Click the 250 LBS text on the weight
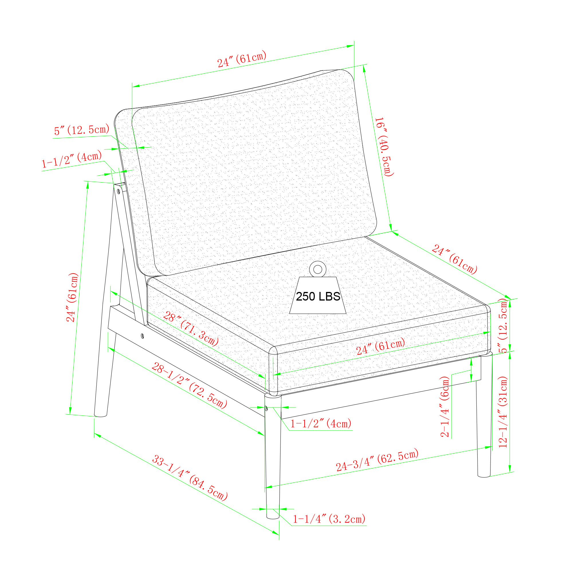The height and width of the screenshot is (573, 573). coord(318,297)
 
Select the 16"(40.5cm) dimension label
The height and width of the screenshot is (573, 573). coord(384,147)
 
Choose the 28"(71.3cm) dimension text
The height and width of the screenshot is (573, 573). coord(191,329)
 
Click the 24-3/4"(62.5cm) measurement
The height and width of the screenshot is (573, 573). coord(377,460)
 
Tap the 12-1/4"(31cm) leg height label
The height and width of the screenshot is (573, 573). coord(503,412)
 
